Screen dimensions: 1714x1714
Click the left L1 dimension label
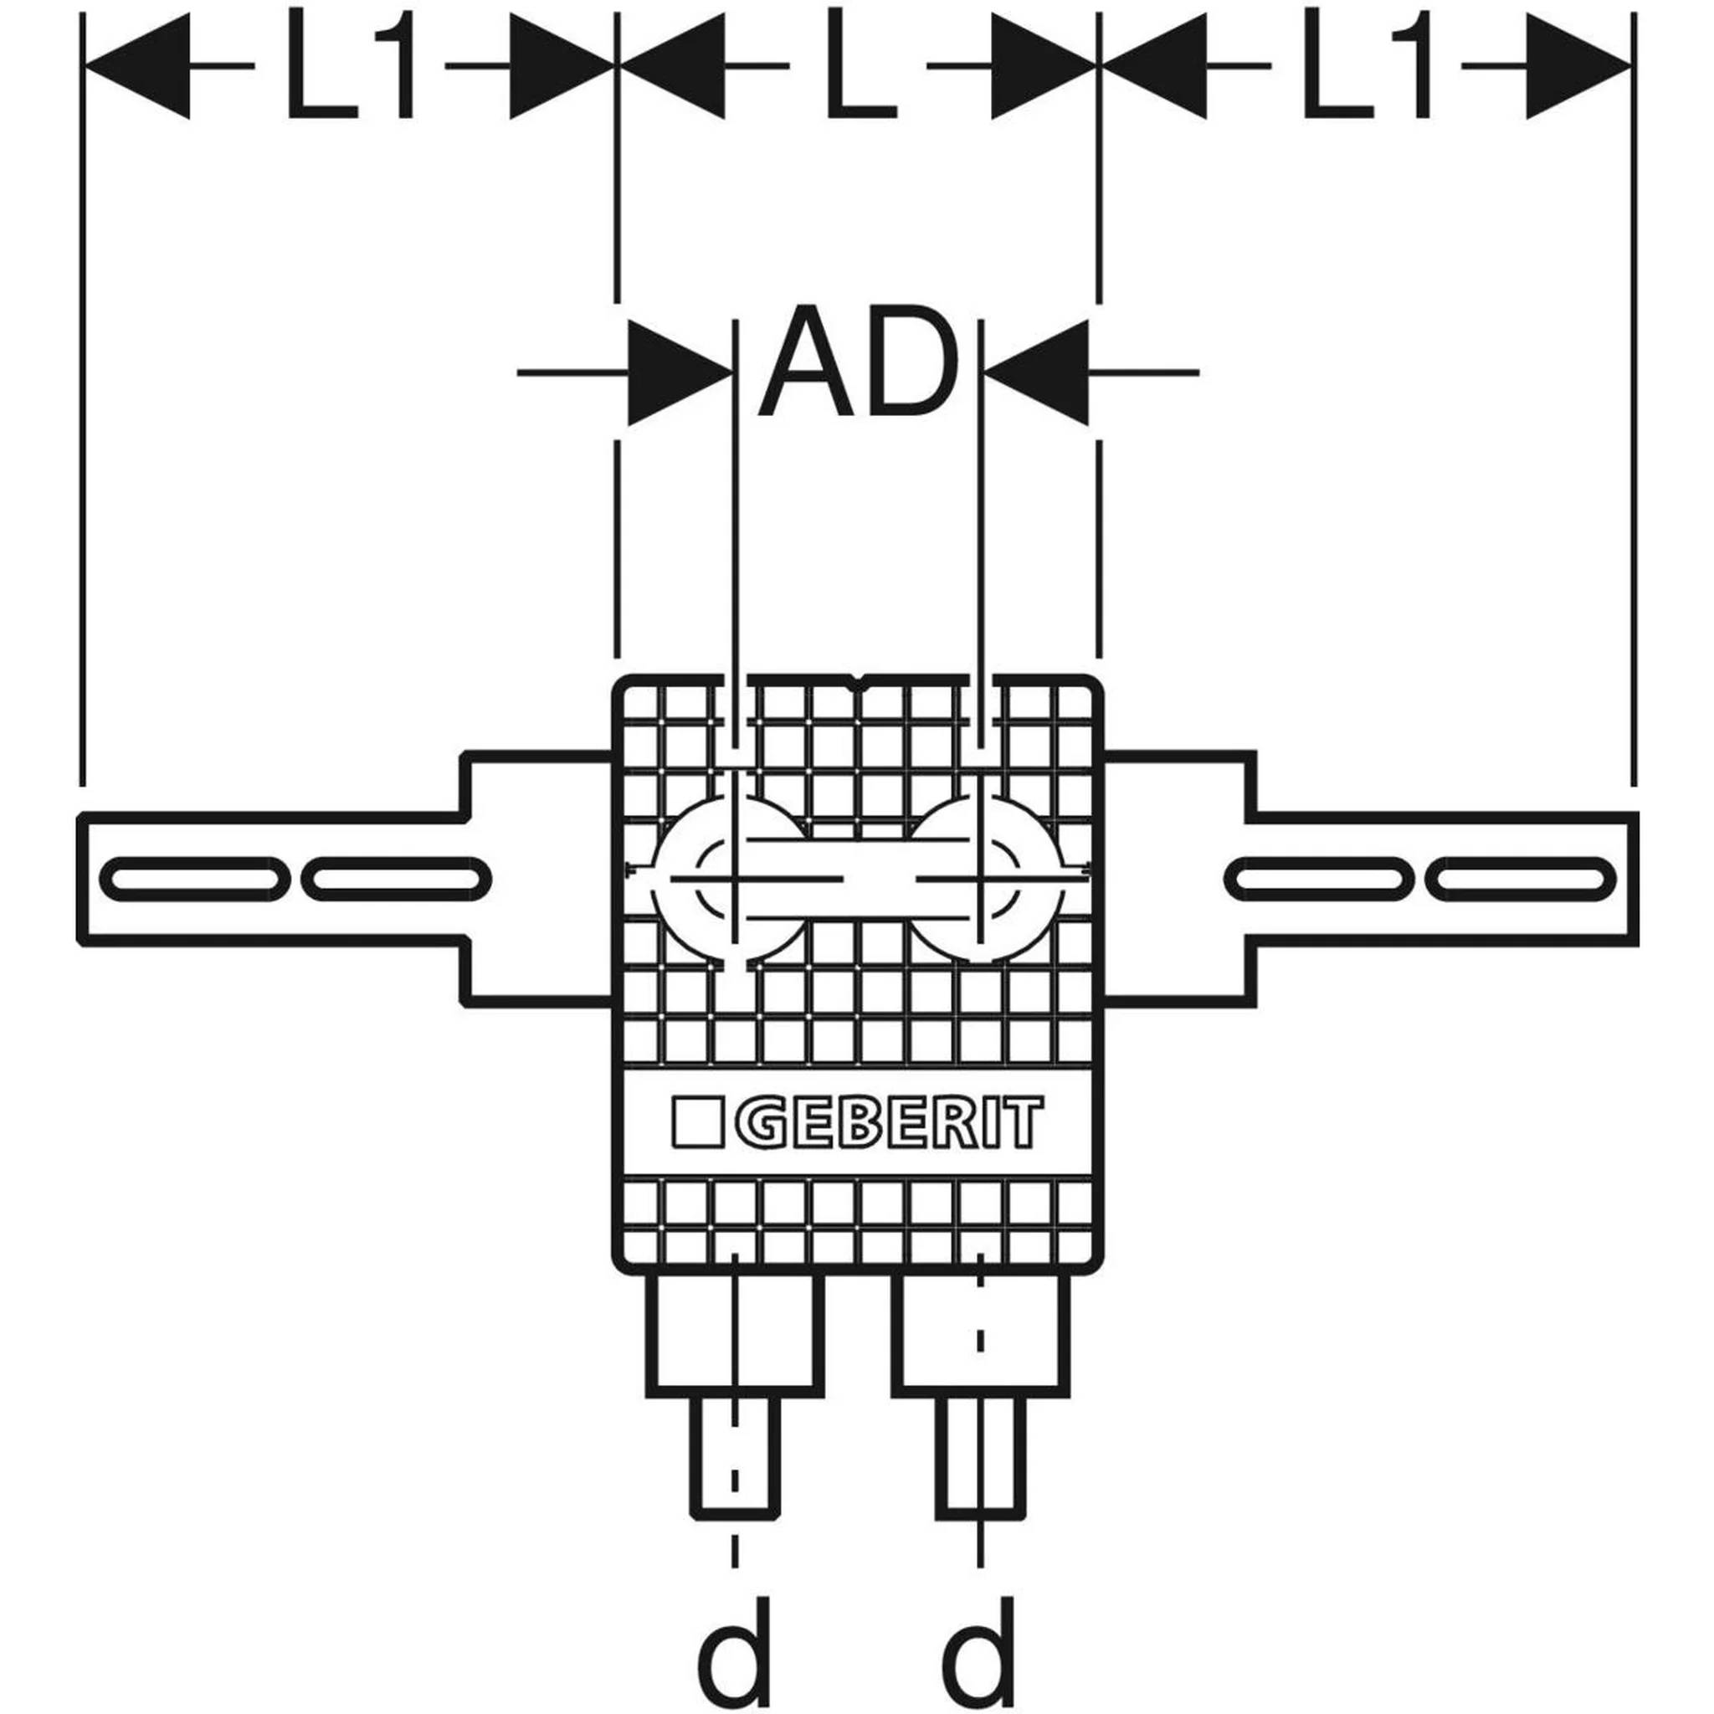click(x=350, y=65)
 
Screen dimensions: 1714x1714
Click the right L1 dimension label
click(x=1366, y=65)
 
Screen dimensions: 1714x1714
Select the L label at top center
click(x=860, y=65)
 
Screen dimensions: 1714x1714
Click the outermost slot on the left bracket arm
click(x=194, y=880)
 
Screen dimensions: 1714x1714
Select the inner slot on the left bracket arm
click(x=396, y=880)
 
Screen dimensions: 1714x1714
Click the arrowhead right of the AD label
click(x=1035, y=373)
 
